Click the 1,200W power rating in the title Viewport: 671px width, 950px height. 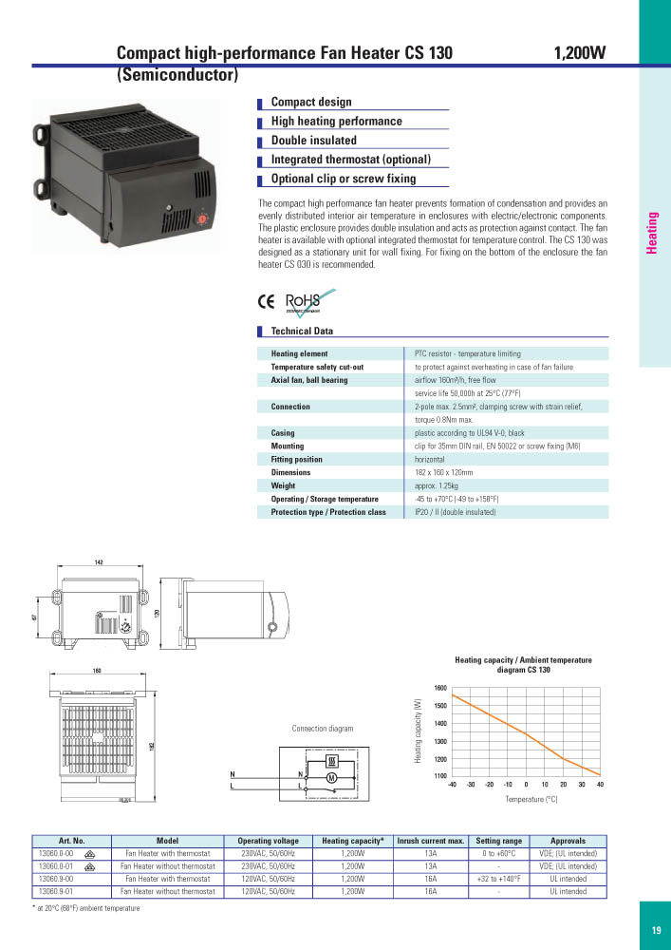pyautogui.click(x=579, y=54)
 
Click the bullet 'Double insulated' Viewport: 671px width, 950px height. pyautogui.click(x=313, y=141)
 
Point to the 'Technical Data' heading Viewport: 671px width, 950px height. pyautogui.click(x=302, y=332)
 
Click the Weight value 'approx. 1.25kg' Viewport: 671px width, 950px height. pyautogui.click(x=441, y=485)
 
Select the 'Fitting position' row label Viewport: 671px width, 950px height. pyautogui.click(x=297, y=459)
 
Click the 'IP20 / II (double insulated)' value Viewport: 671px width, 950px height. pyautogui.click(x=456, y=512)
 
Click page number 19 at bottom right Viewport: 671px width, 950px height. pyautogui.click(x=656, y=931)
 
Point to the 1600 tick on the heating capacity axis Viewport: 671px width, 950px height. pyautogui.click(x=440, y=688)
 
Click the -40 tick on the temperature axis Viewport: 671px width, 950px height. pyautogui.click(x=452, y=785)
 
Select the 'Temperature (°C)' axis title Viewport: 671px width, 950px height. pyautogui.click(x=531, y=800)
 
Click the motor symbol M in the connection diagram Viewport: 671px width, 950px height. pyautogui.click(x=332, y=778)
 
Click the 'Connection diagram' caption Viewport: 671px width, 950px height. pyautogui.click(x=322, y=729)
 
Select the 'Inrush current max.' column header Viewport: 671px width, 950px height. pyautogui.click(x=430, y=841)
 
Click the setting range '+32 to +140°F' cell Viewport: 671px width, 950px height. pyautogui.click(x=497, y=880)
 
